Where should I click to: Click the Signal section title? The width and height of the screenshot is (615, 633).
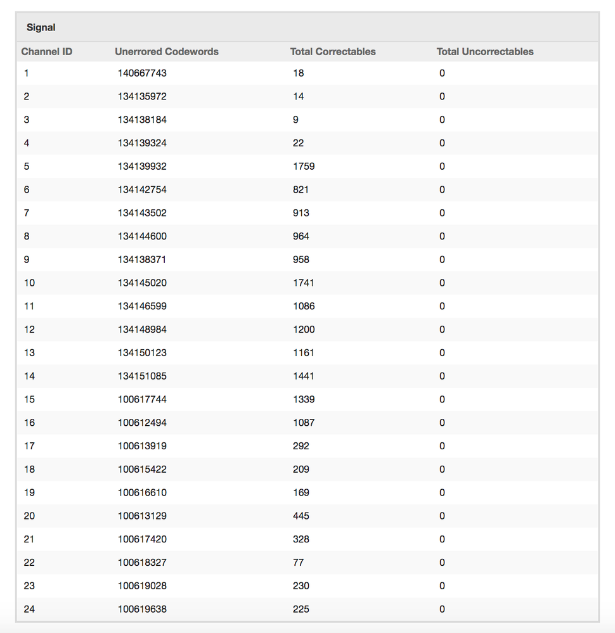point(41,28)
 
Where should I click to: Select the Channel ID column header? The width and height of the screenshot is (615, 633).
point(47,52)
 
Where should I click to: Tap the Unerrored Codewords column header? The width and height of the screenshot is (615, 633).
point(167,52)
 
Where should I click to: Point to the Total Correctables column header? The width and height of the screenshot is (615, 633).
point(333,52)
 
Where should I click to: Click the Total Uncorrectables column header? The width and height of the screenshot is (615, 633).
point(485,52)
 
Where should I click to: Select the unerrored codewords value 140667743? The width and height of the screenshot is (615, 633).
point(142,74)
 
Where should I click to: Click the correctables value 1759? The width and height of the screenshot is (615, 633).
point(304,167)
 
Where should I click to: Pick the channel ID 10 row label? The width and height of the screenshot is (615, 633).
point(30,283)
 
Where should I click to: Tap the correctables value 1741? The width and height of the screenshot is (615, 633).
point(304,283)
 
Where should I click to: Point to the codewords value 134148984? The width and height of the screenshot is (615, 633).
point(142,329)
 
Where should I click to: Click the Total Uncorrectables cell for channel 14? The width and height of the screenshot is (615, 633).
point(442,376)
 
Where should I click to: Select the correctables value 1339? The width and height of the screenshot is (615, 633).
point(304,400)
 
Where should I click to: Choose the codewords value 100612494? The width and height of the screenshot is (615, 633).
point(142,423)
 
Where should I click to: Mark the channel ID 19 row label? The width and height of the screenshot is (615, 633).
point(30,493)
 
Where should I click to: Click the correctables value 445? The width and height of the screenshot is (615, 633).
point(301,516)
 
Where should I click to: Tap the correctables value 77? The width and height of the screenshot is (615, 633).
point(299,563)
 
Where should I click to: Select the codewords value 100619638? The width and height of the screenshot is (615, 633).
point(142,610)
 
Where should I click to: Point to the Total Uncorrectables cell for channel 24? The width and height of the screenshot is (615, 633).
point(442,610)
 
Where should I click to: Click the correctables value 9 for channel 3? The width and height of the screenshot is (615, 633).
point(295,120)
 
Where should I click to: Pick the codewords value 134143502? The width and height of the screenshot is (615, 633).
point(142,213)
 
